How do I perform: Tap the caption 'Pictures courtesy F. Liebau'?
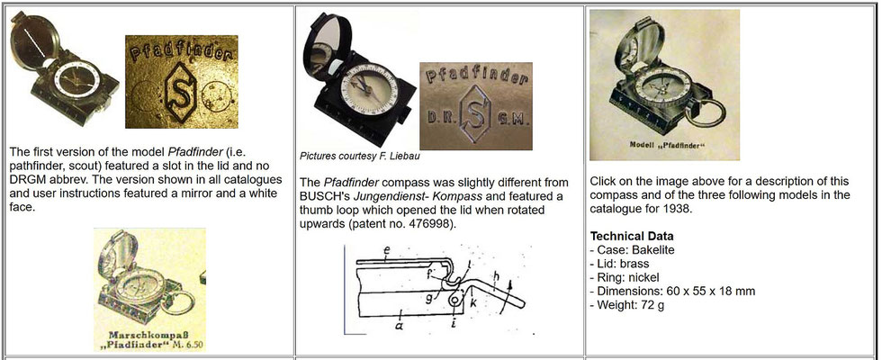point(359,156)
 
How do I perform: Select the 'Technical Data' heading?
point(632,236)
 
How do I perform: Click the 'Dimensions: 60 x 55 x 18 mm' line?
point(673,292)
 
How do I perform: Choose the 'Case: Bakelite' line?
point(632,250)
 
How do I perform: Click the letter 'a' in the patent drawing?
point(399,326)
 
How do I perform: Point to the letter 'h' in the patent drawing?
point(496,275)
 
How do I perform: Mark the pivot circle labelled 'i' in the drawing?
point(454,301)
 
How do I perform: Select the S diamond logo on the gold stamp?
point(181,92)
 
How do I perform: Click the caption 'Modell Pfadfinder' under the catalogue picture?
point(664,145)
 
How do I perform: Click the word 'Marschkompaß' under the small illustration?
point(149,334)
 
